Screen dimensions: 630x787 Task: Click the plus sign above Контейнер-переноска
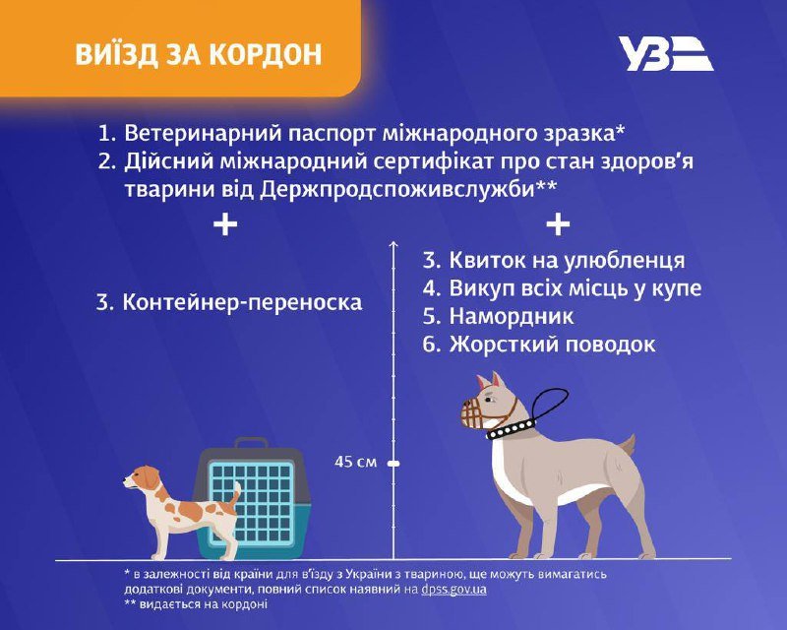click(225, 224)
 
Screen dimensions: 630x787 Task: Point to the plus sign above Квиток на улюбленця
click(557, 224)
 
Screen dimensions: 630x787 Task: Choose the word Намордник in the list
click(512, 317)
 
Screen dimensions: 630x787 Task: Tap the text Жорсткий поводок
click(552, 345)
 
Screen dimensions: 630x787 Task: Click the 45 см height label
click(354, 462)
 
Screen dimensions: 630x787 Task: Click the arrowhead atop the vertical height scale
click(393, 243)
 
